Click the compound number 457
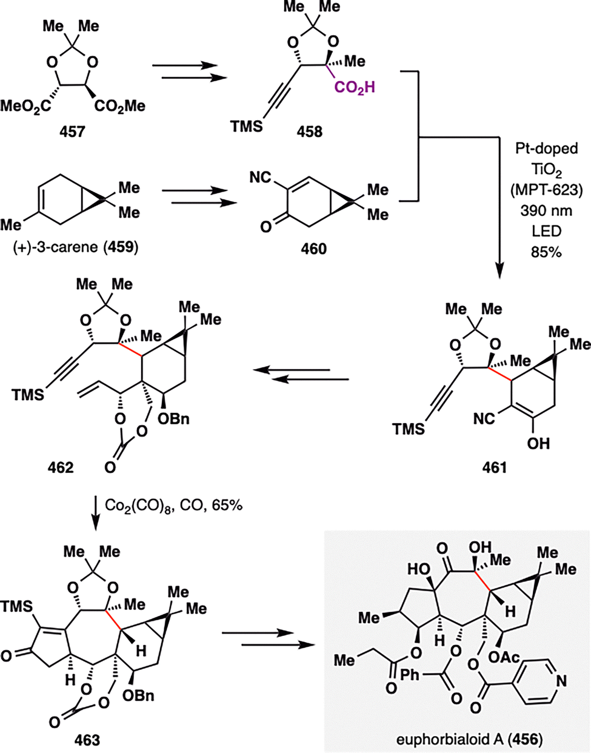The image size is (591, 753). (72, 132)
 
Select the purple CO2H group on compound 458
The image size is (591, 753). (355, 89)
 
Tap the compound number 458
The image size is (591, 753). (309, 132)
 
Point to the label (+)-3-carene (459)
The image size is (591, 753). (76, 248)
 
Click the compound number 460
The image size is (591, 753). (313, 249)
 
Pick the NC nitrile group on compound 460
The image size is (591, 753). (261, 178)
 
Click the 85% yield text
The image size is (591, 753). (546, 253)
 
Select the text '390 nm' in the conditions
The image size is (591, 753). (546, 211)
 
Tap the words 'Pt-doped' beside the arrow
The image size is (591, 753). (546, 149)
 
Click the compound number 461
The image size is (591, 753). (495, 468)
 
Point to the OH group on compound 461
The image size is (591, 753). (538, 443)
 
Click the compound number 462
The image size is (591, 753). (61, 468)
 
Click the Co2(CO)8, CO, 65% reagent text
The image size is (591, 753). (173, 506)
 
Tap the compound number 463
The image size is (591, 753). (87, 740)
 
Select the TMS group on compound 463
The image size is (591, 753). (16, 607)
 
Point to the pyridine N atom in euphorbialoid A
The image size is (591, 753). (561, 681)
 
